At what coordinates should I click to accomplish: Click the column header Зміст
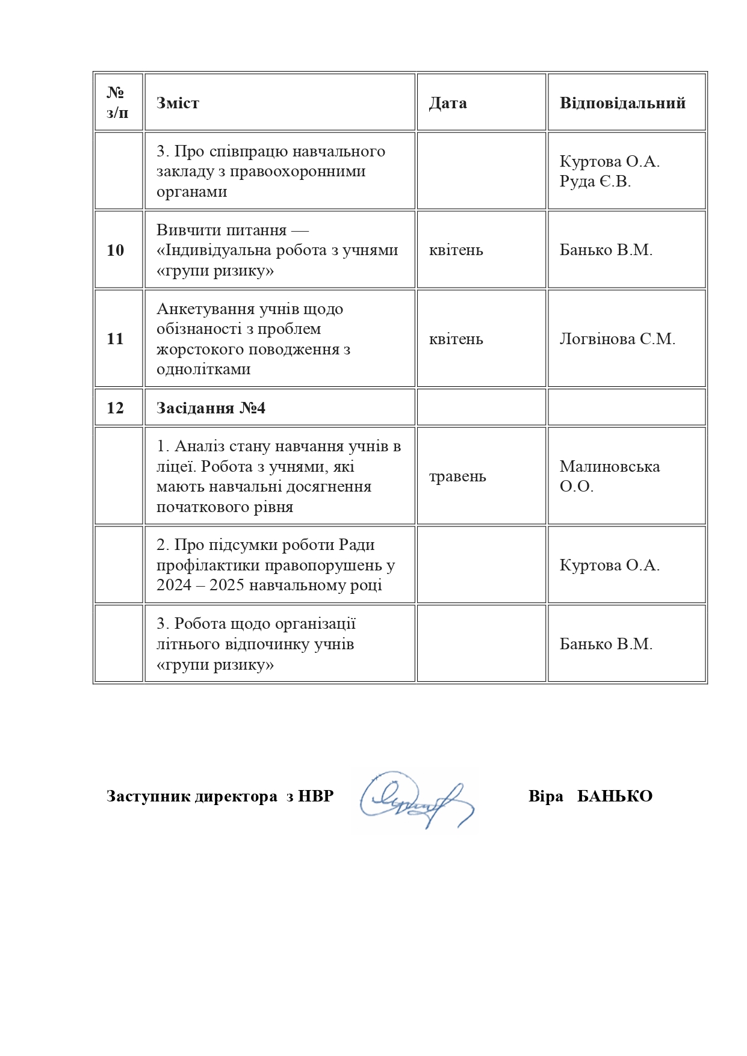[x=178, y=103]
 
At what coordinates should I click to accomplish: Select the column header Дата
[x=447, y=103]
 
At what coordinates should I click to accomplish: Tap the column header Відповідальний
[x=622, y=103]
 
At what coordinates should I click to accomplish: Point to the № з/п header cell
[x=117, y=102]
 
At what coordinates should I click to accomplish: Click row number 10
[x=116, y=250]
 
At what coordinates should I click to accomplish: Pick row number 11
[x=115, y=339]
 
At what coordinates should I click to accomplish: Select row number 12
[x=116, y=408]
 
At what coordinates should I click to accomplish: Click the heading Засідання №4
[x=211, y=408]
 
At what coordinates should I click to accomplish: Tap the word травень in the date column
[x=457, y=477]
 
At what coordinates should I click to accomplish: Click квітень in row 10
[x=456, y=250]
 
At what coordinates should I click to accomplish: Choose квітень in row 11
[x=456, y=339]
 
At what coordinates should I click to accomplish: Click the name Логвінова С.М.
[x=617, y=339]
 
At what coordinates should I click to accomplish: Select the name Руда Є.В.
[x=595, y=182]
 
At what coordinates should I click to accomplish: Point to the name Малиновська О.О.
[x=609, y=476]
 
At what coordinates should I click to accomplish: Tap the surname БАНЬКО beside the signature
[x=615, y=796]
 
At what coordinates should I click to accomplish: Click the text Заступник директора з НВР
[x=220, y=796]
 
